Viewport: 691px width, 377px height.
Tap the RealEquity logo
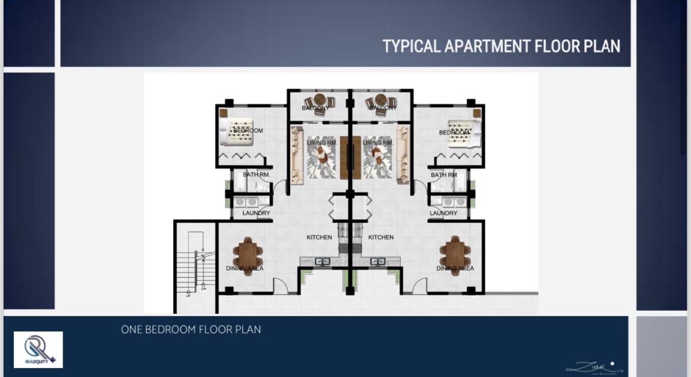(38, 349)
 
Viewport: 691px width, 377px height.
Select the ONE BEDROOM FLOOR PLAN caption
(191, 330)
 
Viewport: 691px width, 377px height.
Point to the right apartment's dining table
(455, 255)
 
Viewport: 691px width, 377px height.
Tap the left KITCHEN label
(319, 237)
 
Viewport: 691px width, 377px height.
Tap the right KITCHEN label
(381, 237)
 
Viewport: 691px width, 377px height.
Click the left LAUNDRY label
(256, 213)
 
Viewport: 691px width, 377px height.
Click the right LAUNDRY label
(444, 213)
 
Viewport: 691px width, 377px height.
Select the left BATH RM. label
(256, 175)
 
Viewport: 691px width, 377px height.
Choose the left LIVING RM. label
(322, 143)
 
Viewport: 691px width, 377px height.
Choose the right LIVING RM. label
(378, 143)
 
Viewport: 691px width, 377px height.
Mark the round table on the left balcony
(320, 100)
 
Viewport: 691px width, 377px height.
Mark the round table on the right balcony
(381, 100)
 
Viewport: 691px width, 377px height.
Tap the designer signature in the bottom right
(594, 368)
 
